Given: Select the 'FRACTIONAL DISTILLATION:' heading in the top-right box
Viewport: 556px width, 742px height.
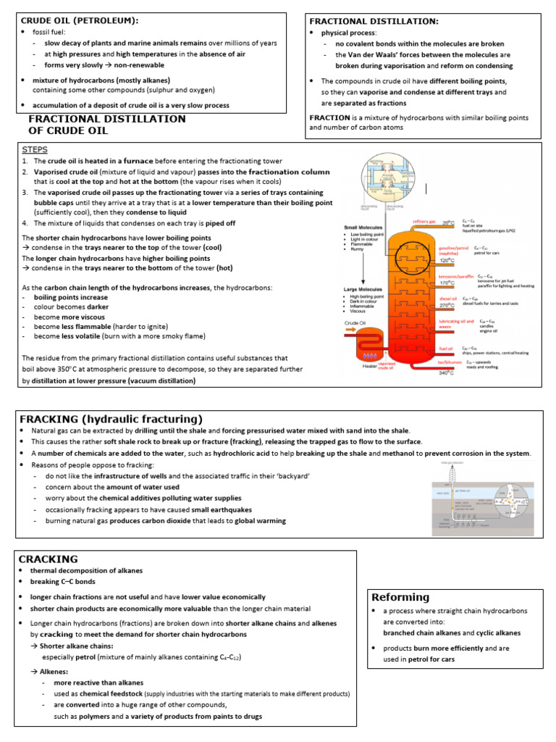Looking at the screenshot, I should [x=374, y=22].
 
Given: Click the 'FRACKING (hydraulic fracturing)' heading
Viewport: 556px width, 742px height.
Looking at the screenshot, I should [x=111, y=420].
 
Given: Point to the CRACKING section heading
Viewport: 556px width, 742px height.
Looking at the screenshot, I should [x=48, y=559].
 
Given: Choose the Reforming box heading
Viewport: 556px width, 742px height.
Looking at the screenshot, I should [x=400, y=597].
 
